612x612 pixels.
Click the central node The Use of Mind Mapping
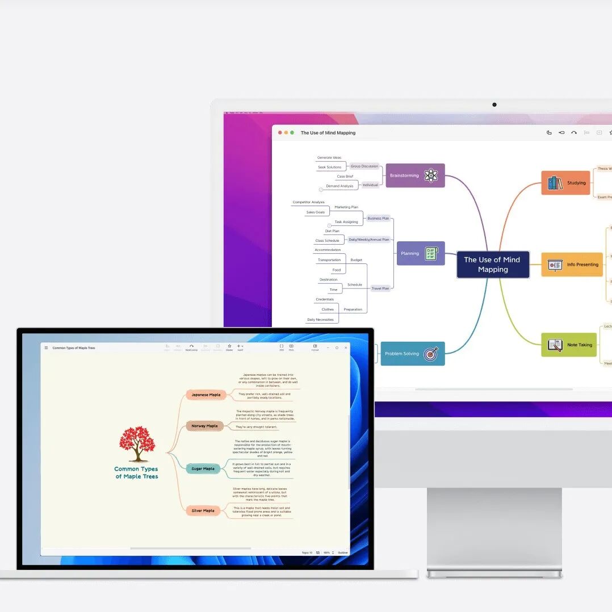(492, 265)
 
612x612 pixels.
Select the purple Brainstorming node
(415, 175)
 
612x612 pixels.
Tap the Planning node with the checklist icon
(420, 253)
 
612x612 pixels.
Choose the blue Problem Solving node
(412, 354)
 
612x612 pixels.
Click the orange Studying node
(565, 183)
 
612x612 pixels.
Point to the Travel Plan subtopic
(380, 288)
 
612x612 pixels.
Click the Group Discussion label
(364, 166)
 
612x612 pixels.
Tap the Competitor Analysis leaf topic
(308, 202)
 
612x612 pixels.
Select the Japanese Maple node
(206, 395)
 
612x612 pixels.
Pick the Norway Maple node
(204, 426)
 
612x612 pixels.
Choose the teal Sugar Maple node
(203, 468)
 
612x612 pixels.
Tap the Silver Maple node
(203, 510)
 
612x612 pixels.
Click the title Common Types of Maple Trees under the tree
(136, 472)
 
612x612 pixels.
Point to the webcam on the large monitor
(494, 104)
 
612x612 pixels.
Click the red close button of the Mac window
(280, 133)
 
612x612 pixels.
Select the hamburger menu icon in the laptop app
(47, 347)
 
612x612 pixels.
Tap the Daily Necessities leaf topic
(320, 320)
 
